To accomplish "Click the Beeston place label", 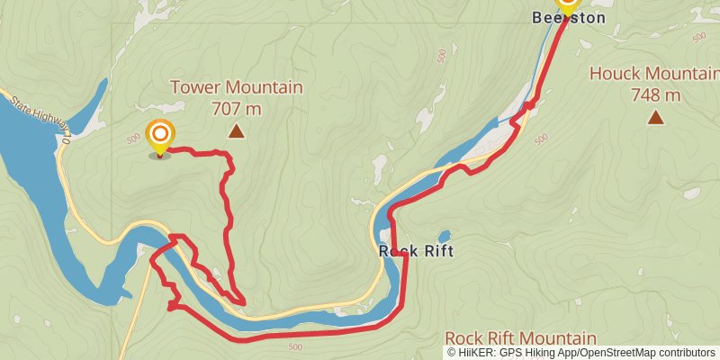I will click(x=567, y=17).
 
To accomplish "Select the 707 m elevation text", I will click(x=237, y=109).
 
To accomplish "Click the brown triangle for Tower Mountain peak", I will click(x=236, y=131).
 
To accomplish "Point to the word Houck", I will click(x=614, y=73).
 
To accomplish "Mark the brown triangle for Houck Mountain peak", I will click(x=656, y=116).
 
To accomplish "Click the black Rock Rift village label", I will click(x=416, y=251).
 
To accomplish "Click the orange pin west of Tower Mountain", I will click(x=160, y=137).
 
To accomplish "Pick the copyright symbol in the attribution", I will click(x=452, y=352).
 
